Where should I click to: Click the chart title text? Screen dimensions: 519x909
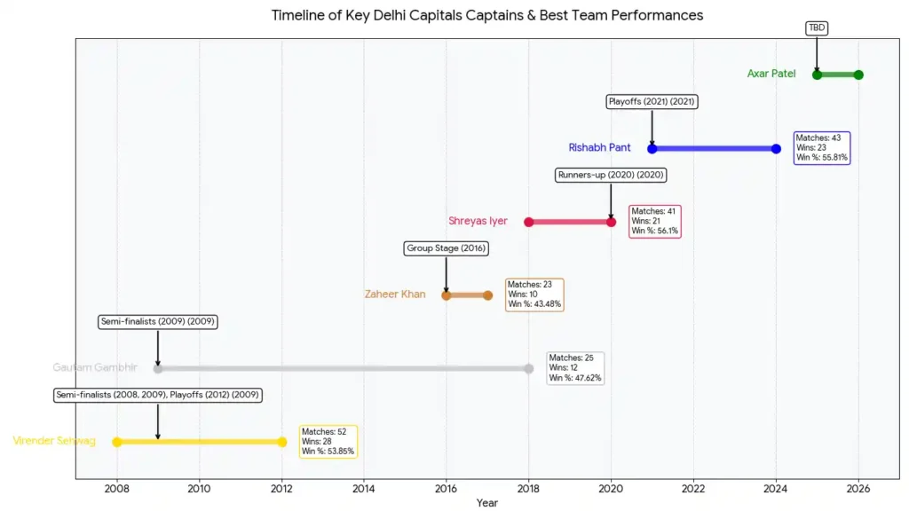(486, 15)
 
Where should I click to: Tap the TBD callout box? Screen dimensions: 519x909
(817, 28)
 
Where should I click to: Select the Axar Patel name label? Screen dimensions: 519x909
(771, 74)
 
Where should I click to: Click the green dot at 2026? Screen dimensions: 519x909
(858, 75)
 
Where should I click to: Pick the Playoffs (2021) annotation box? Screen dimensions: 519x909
(652, 102)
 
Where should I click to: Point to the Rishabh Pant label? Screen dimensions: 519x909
(600, 147)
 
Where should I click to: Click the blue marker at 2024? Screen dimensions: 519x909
(776, 148)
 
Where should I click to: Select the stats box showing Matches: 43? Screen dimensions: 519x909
(822, 147)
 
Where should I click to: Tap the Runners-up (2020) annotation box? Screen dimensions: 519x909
(611, 175)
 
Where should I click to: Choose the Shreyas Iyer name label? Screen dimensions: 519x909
(478, 221)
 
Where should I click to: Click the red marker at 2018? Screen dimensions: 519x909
(529, 222)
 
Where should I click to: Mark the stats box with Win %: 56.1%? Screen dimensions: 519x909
(655, 221)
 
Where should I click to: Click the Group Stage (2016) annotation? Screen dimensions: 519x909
(446, 248)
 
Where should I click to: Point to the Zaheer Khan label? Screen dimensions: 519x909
(395, 295)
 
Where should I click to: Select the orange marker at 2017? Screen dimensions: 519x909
(487, 295)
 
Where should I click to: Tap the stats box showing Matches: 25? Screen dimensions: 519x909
(575, 368)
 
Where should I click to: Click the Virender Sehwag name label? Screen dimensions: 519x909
(54, 441)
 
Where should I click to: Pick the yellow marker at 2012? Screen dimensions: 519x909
(282, 442)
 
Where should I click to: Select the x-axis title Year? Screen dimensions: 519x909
(486, 503)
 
